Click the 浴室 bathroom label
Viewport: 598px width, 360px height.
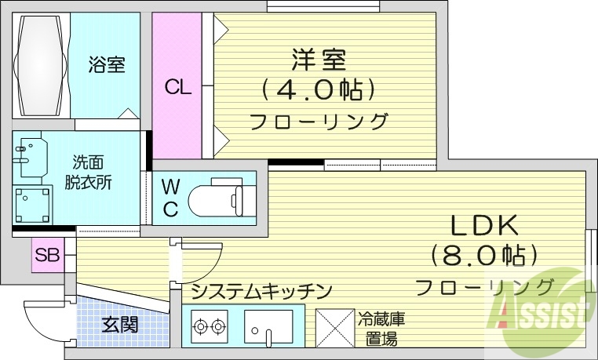coord(107,64)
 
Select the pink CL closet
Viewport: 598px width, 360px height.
coord(177,86)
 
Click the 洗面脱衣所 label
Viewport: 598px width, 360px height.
coord(88,173)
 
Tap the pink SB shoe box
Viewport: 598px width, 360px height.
coord(47,255)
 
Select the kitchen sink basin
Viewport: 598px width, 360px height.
coord(268,325)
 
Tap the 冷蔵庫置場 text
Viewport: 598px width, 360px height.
coord(381,329)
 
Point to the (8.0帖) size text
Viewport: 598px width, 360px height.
coord(483,255)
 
